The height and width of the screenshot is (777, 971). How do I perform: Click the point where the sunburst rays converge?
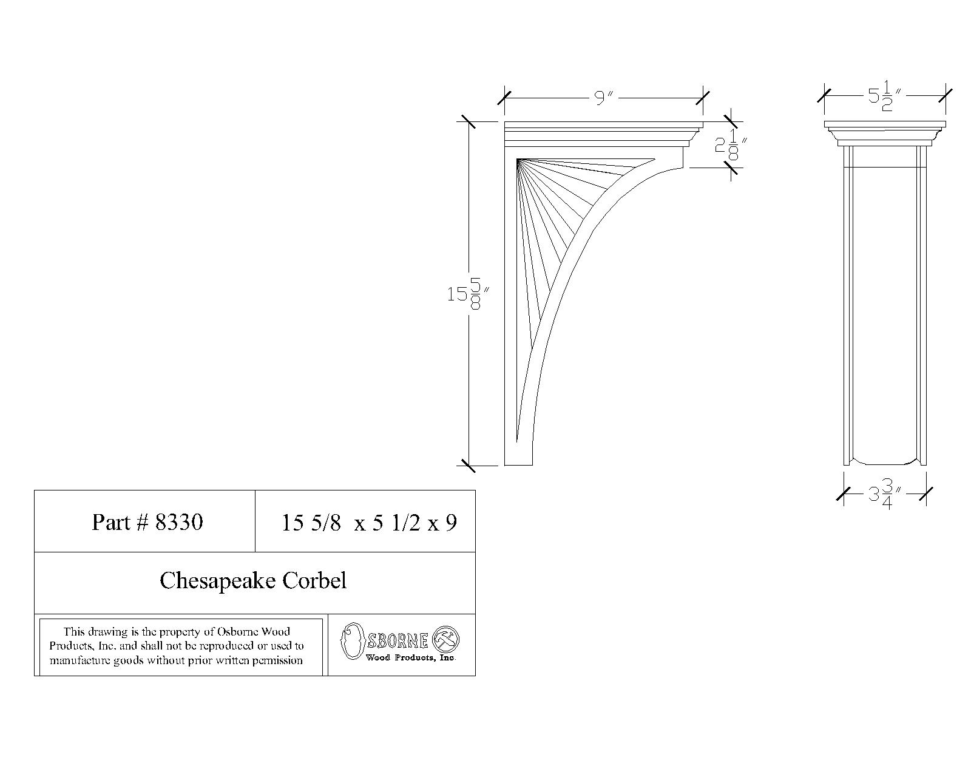click(518, 160)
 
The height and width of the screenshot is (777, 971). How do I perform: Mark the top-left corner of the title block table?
click(35, 490)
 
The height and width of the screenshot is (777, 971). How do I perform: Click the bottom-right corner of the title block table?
click(476, 676)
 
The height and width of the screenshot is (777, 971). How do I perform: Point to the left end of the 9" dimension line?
click(504, 98)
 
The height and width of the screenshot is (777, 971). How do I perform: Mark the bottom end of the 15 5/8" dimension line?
click(469, 466)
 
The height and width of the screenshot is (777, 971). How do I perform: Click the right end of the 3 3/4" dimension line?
click(926, 494)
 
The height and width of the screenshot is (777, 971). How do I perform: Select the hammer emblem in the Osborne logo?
click(446, 640)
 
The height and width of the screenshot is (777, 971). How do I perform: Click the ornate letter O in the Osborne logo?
click(353, 640)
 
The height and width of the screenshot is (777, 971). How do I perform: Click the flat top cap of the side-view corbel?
click(885, 124)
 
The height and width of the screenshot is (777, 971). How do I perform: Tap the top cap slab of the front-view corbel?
click(604, 124)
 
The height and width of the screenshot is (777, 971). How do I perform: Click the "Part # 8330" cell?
click(145, 521)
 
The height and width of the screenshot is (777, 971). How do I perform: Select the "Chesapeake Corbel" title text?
click(253, 580)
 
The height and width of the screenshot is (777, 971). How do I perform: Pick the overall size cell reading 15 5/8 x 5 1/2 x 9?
click(365, 521)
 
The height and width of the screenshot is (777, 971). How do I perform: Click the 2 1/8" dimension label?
click(731, 145)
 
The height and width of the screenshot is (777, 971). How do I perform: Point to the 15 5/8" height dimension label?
click(468, 293)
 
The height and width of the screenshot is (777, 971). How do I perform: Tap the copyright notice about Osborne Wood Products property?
click(177, 646)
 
